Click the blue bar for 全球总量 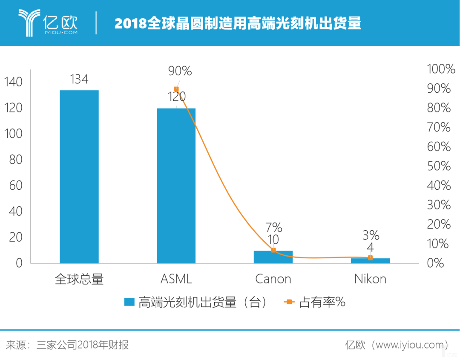click(79, 177)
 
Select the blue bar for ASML click(176, 186)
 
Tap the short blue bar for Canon click(273, 257)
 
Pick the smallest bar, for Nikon click(370, 261)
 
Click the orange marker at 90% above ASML click(176, 89)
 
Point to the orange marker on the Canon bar click(273, 250)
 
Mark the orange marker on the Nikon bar click(370, 257)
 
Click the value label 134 click(79, 79)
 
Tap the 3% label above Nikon click(370, 235)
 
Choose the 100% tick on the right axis click(441, 69)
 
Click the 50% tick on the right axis click(439, 166)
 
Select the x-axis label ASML click(176, 279)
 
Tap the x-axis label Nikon click(370, 279)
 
